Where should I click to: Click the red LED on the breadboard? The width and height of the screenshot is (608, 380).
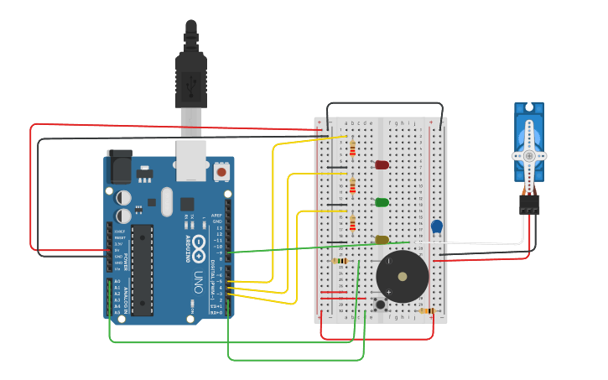tap(382, 164)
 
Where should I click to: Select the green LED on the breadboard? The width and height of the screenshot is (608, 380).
tap(382, 202)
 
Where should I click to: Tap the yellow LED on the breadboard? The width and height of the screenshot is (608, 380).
tap(382, 240)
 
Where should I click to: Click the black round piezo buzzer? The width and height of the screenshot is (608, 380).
tap(402, 276)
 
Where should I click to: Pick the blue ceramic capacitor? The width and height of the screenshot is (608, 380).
tap(436, 226)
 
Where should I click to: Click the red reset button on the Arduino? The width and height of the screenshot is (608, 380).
tap(221, 171)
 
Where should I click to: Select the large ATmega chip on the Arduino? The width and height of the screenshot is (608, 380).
tap(142, 269)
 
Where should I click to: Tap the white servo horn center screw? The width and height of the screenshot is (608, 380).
tap(528, 156)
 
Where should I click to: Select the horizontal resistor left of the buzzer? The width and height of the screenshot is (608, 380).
tap(340, 261)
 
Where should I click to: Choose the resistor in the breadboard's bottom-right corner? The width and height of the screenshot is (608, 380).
tap(428, 311)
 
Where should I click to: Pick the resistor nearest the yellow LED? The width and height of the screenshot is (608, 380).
tap(352, 223)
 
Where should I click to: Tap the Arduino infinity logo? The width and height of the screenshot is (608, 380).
tap(200, 246)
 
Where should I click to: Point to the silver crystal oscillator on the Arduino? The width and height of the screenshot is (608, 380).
tap(166, 201)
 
